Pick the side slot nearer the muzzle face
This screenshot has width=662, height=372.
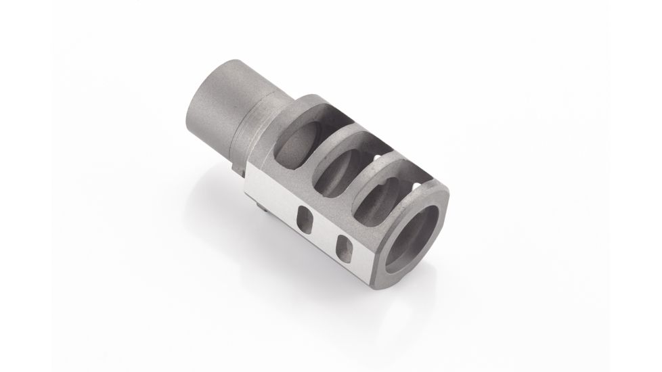point(344,247)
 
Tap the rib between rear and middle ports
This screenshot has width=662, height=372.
point(321,145)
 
